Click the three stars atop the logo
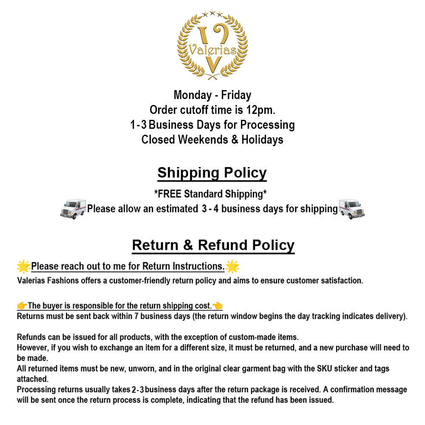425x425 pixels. point(212,14)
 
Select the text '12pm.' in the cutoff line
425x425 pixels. point(261,110)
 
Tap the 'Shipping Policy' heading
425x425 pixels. point(212,173)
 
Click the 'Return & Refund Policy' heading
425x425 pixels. point(213,245)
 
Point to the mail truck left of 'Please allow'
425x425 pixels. point(73,209)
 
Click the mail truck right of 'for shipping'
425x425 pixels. point(351,209)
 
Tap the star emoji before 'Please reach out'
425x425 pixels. point(23,266)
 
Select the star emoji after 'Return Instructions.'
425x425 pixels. point(232,266)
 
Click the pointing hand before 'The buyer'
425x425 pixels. point(22,306)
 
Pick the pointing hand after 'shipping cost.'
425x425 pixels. point(218,306)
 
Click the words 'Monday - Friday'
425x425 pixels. point(212,95)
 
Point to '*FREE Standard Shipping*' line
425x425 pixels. point(210,194)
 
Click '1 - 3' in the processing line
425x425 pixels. point(138,125)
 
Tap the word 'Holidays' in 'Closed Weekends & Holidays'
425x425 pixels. point(262,140)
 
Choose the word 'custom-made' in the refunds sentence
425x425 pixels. point(250,337)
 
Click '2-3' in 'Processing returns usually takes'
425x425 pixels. point(138,390)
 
